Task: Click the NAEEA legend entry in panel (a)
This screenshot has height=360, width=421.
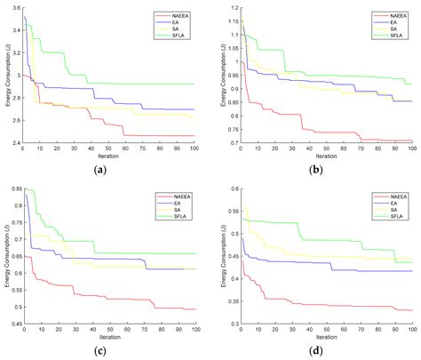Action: point(177,15)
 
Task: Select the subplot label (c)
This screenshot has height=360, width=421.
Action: point(109,350)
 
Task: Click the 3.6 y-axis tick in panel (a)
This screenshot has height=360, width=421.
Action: point(13,8)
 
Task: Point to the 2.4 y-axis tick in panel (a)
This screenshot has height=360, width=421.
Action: point(13,142)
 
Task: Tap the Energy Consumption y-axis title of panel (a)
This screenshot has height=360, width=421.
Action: point(4,76)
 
